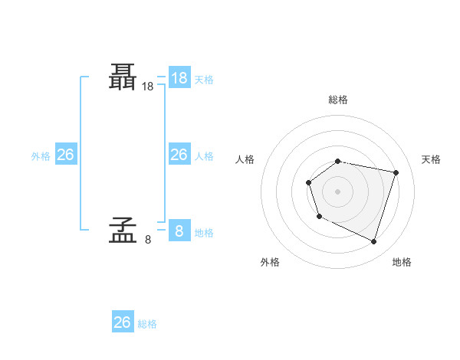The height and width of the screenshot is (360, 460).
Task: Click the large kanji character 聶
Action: pos(123,77)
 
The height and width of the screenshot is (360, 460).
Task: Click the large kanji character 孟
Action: pos(123,229)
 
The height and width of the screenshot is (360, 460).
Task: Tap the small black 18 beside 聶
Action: pos(148,87)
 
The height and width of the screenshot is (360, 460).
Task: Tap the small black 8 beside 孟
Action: pos(148,240)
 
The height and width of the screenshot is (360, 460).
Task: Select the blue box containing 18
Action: pos(179,78)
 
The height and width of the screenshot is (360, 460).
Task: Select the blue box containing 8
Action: pos(179,230)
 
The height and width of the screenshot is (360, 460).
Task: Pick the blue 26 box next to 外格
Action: pos(65,155)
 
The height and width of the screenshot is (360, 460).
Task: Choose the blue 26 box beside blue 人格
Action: pos(179,155)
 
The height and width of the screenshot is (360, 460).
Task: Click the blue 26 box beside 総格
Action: pos(123,322)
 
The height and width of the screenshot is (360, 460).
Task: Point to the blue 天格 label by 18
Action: pos(204,80)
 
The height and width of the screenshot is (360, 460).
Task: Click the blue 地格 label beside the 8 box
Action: pos(204,232)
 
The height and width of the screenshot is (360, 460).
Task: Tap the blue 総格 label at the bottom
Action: pos(147,324)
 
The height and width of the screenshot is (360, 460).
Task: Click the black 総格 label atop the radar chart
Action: pos(338,100)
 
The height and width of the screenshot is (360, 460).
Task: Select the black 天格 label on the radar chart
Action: pos(431,159)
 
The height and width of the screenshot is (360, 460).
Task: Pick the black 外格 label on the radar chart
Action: pos(270,262)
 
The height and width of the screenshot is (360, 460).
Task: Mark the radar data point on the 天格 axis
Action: pos(396,172)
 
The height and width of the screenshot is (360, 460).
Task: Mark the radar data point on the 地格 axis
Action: pos(373,241)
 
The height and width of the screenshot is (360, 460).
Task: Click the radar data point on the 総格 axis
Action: pos(338,161)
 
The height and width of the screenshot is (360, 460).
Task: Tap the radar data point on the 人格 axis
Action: pos(308,182)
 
